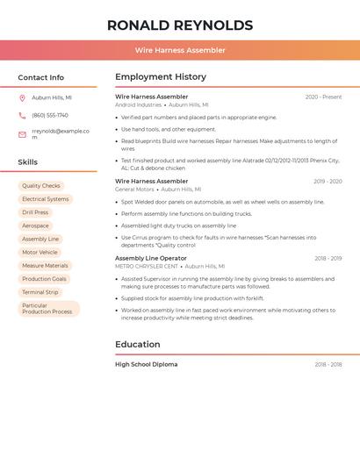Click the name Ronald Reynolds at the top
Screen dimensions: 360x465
click(x=180, y=25)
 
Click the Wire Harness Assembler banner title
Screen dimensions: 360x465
click(x=180, y=50)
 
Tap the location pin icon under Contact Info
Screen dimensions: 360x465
click(x=22, y=97)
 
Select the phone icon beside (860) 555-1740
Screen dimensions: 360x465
click(x=22, y=115)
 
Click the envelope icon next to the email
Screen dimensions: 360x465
click(x=22, y=134)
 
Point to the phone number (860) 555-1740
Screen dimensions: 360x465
click(x=50, y=115)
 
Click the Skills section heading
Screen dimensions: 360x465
click(x=28, y=162)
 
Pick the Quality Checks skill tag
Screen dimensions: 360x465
click(x=41, y=186)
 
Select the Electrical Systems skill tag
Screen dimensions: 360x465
click(x=45, y=199)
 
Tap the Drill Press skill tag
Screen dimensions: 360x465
click(x=35, y=212)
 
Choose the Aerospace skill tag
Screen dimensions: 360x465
click(x=36, y=225)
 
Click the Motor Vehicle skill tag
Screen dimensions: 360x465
click(x=40, y=252)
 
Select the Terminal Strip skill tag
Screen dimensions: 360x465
click(x=40, y=292)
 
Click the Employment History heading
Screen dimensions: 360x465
click(x=161, y=77)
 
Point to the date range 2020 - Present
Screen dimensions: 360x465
click(x=323, y=97)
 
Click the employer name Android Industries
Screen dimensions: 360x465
click(x=139, y=104)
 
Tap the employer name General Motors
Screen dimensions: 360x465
click(x=134, y=189)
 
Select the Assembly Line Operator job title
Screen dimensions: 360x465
click(x=151, y=258)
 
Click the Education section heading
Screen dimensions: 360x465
click(x=138, y=344)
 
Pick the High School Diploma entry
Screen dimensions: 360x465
click(x=146, y=364)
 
